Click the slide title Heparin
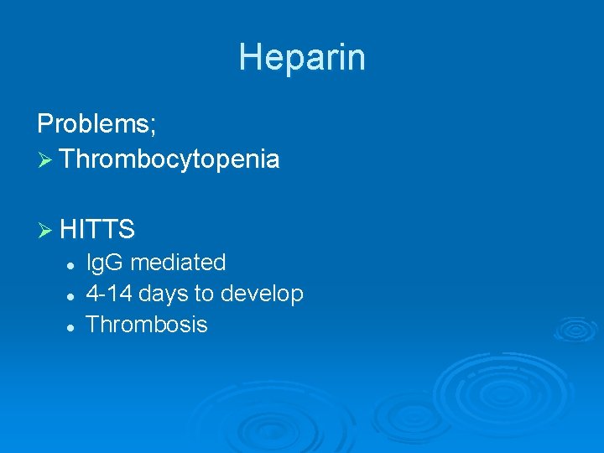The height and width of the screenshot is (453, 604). point(301,58)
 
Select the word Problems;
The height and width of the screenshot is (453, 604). point(96,125)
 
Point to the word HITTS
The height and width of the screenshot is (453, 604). point(98,228)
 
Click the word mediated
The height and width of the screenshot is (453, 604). point(178,263)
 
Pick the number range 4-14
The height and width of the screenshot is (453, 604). point(109,294)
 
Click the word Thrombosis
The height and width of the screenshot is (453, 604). point(147,325)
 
